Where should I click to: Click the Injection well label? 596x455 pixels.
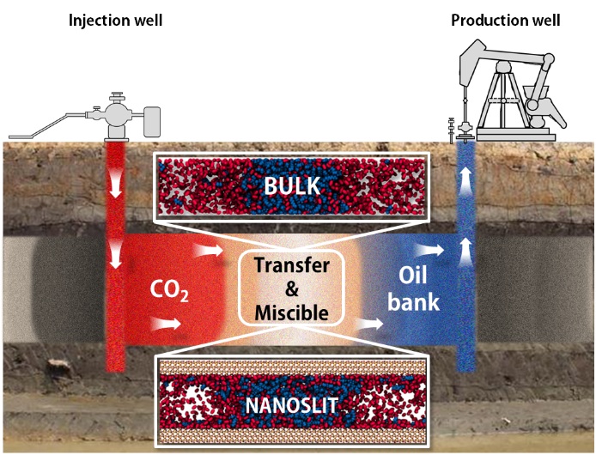(116, 21)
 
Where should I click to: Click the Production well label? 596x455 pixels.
(506, 21)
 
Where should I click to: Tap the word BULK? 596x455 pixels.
(292, 186)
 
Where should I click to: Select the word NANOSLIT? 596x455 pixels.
(292, 405)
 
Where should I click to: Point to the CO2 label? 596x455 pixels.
(169, 291)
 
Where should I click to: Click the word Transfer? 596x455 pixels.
(292, 265)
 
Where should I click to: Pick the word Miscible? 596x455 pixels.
(292, 312)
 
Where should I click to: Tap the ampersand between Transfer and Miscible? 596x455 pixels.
(291, 289)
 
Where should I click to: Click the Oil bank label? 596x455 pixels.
(413, 289)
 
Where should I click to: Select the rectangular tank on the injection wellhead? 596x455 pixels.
(152, 122)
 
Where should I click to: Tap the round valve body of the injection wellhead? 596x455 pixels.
(118, 113)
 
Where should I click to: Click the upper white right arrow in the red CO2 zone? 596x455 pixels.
(208, 250)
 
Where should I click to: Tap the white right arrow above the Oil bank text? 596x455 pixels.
(429, 250)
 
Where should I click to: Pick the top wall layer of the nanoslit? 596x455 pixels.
(292, 367)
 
